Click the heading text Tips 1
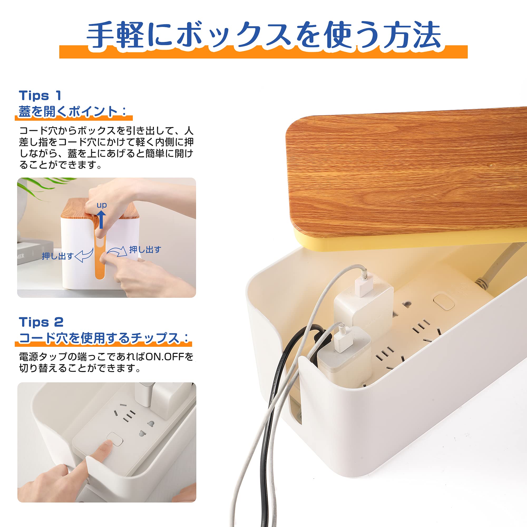coord(40,95)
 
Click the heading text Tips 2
coord(41,322)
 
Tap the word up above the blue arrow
coord(101,205)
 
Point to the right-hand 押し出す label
coord(145,249)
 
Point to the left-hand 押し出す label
coord(58,256)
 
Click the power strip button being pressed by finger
coord(115,439)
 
